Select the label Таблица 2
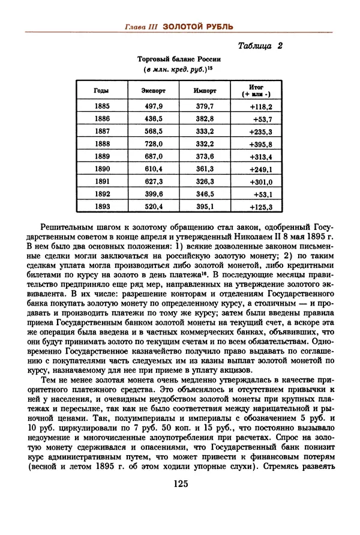(x=260, y=46)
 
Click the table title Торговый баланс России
(x=179, y=59)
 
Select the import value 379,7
(x=205, y=106)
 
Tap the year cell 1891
(x=102, y=181)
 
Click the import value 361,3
(x=205, y=169)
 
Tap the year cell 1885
(x=102, y=106)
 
